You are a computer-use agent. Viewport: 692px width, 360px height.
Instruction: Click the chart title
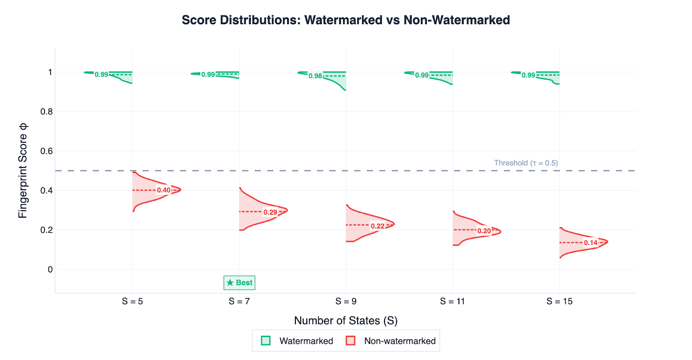coord(346,20)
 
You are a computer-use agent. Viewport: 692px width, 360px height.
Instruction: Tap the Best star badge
coord(239,283)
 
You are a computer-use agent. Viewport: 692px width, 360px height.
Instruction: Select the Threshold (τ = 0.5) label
coord(526,163)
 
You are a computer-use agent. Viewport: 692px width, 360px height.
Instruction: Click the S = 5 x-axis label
coord(132,301)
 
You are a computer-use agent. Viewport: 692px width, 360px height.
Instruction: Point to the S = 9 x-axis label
coord(346,301)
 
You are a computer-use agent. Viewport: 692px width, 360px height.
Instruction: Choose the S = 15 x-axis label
coord(559,301)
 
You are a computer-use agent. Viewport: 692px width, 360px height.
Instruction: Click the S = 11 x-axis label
coord(452,301)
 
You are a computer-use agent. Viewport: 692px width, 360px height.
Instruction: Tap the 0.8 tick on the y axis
coord(47,112)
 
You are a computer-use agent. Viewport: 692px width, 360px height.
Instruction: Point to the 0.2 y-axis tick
coord(47,230)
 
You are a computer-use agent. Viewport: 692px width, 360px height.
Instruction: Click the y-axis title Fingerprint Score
coord(22,170)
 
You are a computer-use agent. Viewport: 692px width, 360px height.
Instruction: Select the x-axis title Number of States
coord(346,321)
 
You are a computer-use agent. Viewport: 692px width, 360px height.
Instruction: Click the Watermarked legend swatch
coord(266,341)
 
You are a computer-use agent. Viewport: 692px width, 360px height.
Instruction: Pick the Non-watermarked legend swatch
coord(351,341)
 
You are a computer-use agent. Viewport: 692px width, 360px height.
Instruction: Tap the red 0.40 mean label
coord(163,190)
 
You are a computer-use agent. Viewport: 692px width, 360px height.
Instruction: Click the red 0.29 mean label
coord(270,212)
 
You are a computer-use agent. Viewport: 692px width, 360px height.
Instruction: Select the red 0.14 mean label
coord(590,243)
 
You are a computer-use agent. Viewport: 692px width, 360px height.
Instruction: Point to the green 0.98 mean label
coord(315,76)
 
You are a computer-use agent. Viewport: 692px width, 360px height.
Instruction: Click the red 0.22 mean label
coord(377,226)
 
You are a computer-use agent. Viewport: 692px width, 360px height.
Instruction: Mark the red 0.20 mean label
coord(484,231)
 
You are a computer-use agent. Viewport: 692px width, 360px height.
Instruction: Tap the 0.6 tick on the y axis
coord(47,151)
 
